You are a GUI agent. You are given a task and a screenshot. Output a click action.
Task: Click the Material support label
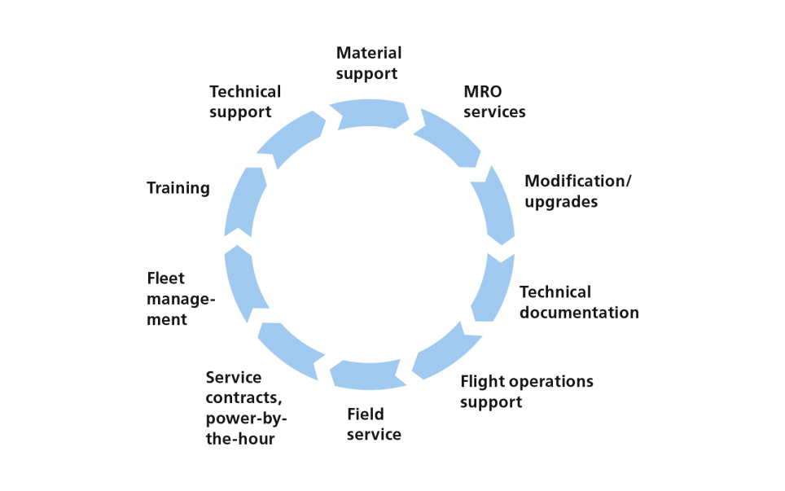pos(369,63)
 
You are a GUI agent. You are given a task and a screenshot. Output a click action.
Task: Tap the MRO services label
pos(494,101)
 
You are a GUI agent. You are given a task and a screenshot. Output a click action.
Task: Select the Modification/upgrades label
pos(577,191)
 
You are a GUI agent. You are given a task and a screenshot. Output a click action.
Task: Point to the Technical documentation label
pos(579,302)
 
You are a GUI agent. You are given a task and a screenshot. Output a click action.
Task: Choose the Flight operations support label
pos(526,391)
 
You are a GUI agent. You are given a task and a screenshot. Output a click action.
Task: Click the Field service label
pos(374,423)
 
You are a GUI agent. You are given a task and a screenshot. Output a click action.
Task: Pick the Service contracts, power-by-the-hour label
pos(246,408)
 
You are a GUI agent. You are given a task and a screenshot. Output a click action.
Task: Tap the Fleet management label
pos(181,299)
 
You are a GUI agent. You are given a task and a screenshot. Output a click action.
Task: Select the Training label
pos(178,188)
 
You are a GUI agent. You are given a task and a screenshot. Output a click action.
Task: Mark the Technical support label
pos(245,102)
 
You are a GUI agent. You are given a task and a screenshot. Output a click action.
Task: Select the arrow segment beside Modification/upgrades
pos(495,204)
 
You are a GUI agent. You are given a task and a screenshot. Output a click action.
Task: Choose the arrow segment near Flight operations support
pos(445,353)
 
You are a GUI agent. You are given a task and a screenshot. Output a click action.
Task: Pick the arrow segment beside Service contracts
pos(289,350)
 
